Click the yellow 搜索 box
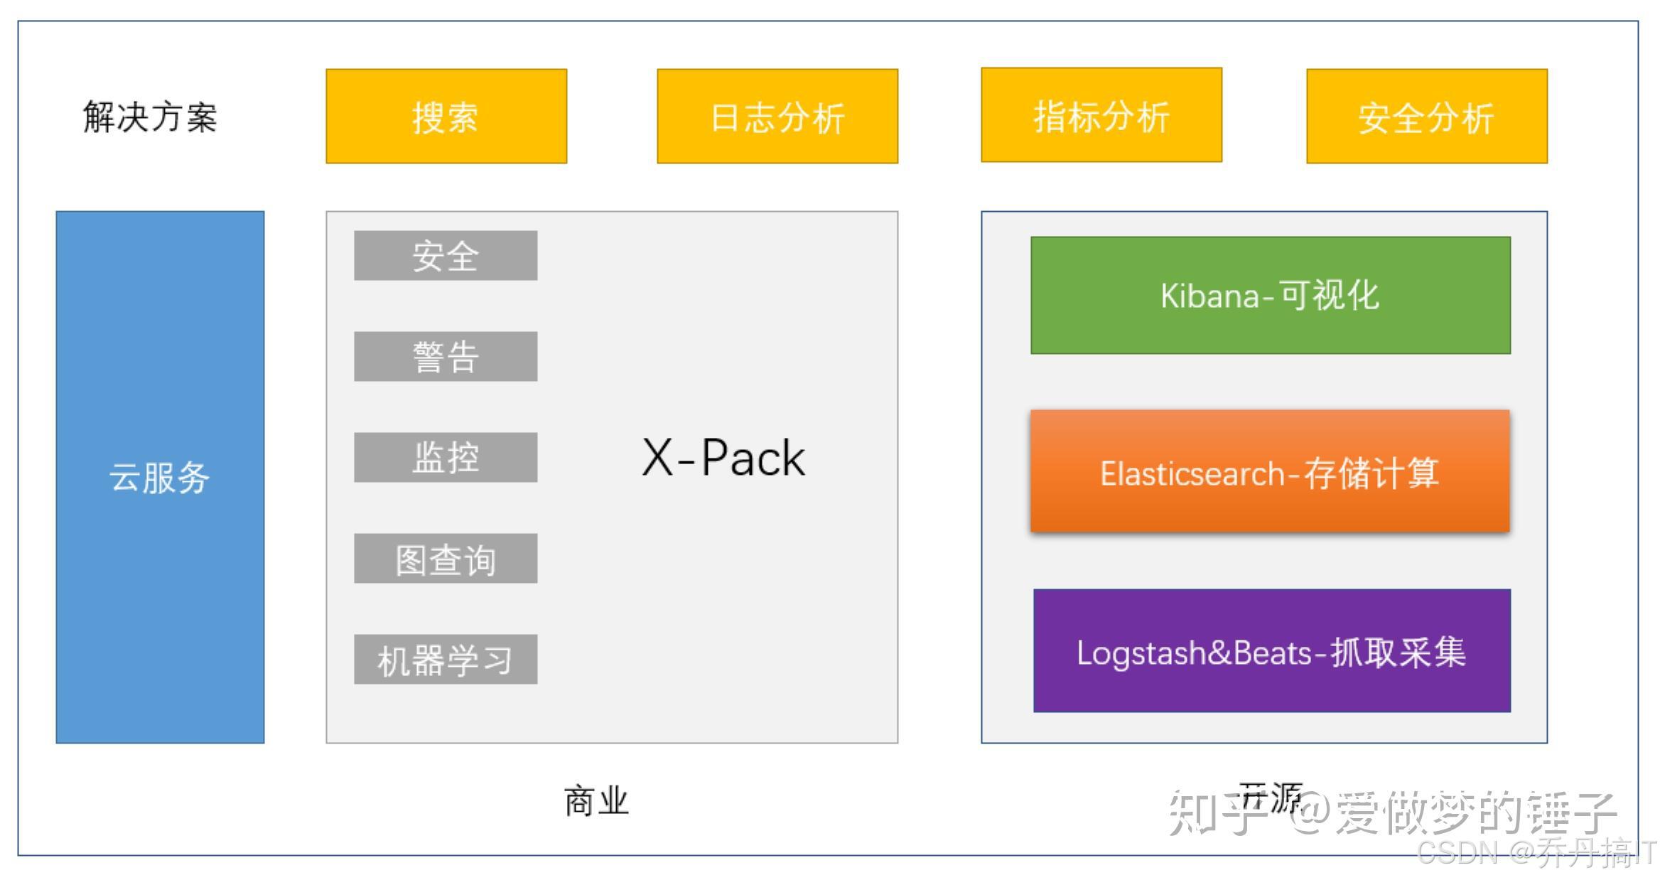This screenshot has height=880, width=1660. (x=446, y=116)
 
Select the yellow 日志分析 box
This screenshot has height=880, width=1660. (x=777, y=116)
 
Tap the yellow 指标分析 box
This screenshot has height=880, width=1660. (x=1101, y=115)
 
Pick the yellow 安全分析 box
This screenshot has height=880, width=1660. (x=1427, y=116)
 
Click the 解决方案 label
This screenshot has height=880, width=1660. (x=150, y=117)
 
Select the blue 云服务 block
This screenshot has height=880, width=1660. (x=160, y=477)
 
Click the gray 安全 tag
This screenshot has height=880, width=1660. (x=446, y=255)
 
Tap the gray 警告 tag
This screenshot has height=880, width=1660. (x=446, y=356)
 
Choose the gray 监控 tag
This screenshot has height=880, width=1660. (x=446, y=457)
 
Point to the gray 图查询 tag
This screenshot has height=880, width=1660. (x=446, y=559)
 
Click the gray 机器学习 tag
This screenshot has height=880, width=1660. (x=446, y=660)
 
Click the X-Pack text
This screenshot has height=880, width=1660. (x=723, y=458)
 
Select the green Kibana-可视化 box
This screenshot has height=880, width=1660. (x=1271, y=295)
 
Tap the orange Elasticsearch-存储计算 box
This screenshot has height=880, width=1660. (x=1271, y=471)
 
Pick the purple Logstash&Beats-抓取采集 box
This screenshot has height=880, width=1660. (x=1272, y=651)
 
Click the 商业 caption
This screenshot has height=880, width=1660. (x=596, y=802)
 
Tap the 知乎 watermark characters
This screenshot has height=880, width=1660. (x=1217, y=812)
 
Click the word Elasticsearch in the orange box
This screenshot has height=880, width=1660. (x=1192, y=474)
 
